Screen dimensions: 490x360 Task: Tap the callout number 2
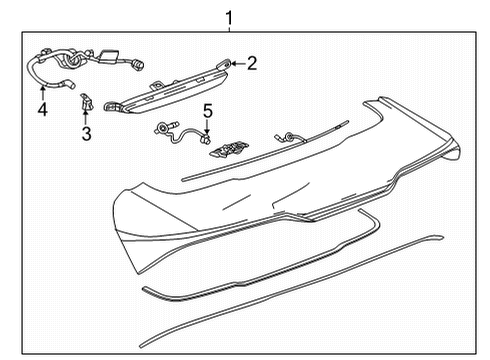pos(251,65)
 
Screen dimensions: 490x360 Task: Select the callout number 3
pos(86,132)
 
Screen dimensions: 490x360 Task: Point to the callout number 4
pos(42,108)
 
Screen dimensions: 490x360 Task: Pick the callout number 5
pos(207,109)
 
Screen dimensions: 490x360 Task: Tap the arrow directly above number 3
pos(86,115)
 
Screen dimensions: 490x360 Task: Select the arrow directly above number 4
pos(42,93)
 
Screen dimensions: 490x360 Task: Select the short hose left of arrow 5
pos(181,132)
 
